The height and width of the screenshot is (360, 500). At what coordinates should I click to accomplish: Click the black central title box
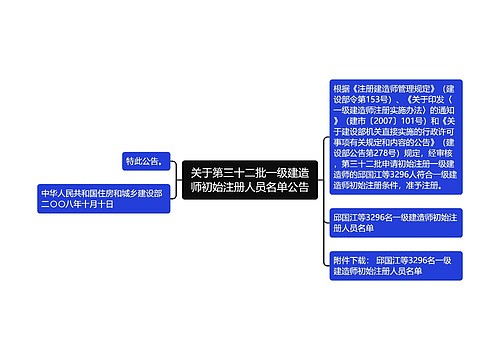tap(250, 180)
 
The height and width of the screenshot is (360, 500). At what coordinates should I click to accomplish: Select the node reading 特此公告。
tap(145, 161)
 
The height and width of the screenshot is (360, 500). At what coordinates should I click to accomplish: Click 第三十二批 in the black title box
tap(233, 172)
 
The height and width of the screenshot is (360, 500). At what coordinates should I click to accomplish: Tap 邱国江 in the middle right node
tap(349, 216)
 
